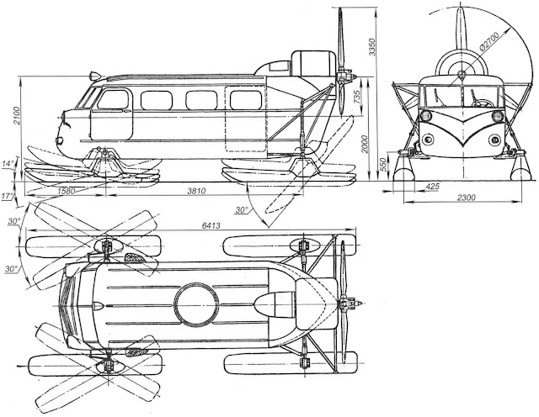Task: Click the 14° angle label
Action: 9,164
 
